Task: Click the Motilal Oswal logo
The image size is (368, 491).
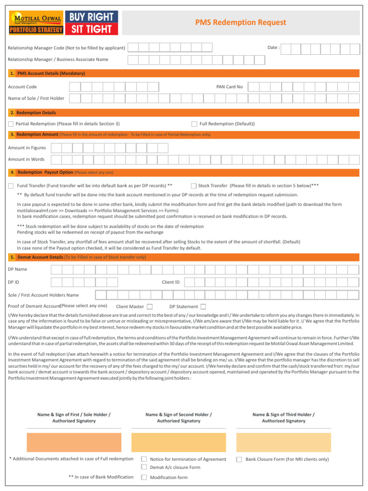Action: click(x=36, y=23)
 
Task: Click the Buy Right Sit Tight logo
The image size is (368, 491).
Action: click(x=91, y=23)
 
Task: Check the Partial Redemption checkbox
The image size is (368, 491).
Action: click(x=11, y=124)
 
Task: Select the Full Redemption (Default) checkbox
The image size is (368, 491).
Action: click(x=194, y=124)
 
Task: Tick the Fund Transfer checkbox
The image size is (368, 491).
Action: click(x=11, y=186)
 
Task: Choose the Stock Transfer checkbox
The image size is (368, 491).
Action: click(x=194, y=186)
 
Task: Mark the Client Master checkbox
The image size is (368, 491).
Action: click(x=150, y=306)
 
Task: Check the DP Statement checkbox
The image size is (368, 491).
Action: click(x=203, y=306)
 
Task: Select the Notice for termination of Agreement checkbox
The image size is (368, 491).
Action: click(x=144, y=459)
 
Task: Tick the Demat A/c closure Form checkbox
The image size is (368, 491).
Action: click(x=144, y=467)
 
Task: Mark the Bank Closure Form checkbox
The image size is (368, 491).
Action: click(x=239, y=459)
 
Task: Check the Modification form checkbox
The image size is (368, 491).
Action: click(x=144, y=477)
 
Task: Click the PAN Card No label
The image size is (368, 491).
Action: click(x=230, y=87)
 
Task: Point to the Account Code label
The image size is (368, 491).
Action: click(x=23, y=87)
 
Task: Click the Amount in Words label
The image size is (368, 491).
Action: click(x=26, y=159)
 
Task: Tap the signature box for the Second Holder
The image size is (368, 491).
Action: click(x=179, y=442)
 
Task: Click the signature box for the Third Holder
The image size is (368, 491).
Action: click(x=283, y=442)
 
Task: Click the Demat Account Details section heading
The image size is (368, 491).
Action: click(x=81, y=257)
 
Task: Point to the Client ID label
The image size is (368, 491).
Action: click(x=171, y=282)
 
